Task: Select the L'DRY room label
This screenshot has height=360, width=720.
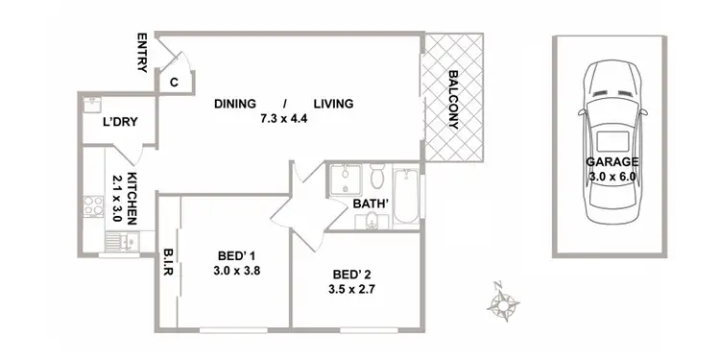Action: click(121, 124)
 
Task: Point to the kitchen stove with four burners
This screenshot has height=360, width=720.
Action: click(95, 205)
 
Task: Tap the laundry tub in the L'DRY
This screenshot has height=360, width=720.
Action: click(91, 101)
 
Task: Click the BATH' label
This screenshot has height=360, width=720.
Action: click(370, 204)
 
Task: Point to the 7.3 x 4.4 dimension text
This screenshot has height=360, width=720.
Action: click(283, 120)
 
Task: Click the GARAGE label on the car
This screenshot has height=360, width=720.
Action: click(610, 162)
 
